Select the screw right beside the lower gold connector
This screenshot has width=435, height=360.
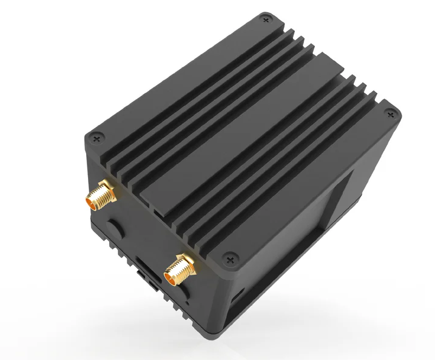(229, 259)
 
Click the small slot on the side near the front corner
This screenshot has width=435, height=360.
(235, 293)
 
